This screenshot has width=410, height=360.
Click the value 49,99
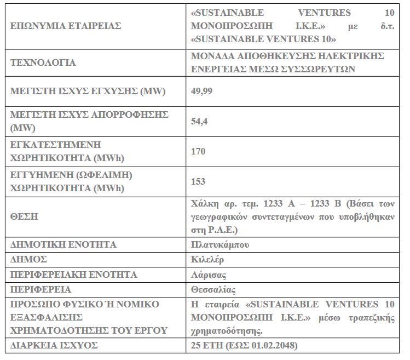[x=201, y=91]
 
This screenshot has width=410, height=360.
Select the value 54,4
[x=198, y=121]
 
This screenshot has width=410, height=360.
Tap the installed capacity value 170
[x=198, y=151]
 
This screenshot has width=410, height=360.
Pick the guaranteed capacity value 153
[x=198, y=181]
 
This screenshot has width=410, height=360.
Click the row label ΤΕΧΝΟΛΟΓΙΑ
[x=43, y=62]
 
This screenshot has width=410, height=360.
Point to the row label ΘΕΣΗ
[x=24, y=216]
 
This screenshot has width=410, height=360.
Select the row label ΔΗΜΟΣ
[x=28, y=259]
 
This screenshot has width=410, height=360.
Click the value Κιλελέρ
[x=207, y=259]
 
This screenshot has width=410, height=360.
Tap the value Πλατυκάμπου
[x=220, y=244]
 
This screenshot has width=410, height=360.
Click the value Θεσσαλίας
[x=213, y=289]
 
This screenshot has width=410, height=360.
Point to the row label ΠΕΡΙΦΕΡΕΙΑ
[x=41, y=289]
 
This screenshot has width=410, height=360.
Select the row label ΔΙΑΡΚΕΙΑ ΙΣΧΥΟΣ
[x=54, y=345]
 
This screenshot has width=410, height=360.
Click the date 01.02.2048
[x=273, y=345]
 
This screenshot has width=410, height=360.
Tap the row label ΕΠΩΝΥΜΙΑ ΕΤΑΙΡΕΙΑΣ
[x=65, y=26]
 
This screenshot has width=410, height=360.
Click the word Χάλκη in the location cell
[x=203, y=204]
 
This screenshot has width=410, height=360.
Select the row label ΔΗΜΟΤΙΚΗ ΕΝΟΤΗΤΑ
[x=63, y=244]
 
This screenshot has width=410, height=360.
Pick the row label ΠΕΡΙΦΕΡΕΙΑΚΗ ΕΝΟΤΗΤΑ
[x=74, y=274]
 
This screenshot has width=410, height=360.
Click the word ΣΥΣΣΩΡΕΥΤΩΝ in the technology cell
[x=319, y=69]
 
